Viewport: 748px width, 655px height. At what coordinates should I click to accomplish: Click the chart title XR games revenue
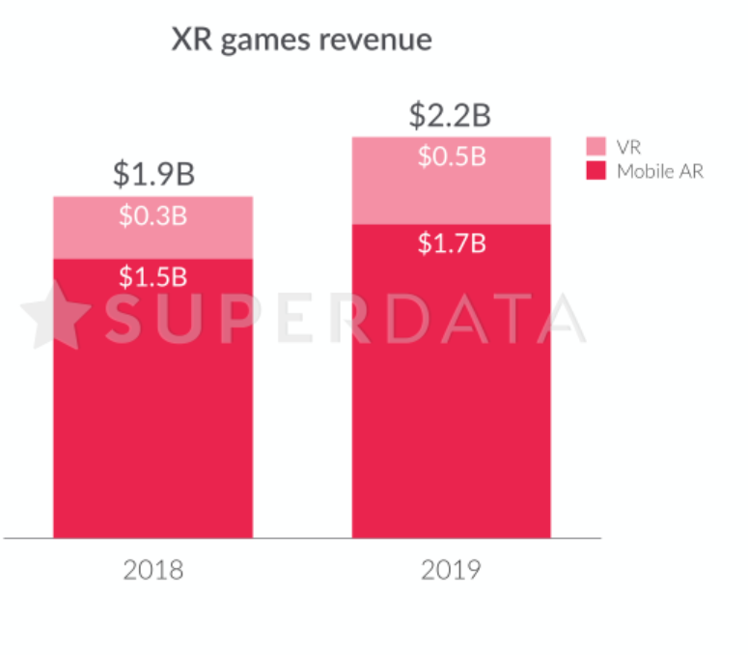(301, 41)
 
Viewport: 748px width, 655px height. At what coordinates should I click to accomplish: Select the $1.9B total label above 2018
(153, 175)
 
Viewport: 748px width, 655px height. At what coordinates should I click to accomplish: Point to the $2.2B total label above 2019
(450, 116)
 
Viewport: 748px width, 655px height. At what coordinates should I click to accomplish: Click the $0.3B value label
(152, 216)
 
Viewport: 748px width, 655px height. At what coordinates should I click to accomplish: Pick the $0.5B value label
(451, 157)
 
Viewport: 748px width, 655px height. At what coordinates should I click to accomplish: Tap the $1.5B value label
(152, 277)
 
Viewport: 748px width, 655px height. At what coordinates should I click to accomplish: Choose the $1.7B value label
(451, 243)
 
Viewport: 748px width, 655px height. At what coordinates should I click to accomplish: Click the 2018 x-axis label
(152, 570)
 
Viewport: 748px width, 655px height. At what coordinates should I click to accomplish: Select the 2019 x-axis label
(451, 570)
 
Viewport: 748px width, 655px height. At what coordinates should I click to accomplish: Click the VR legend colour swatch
(596, 147)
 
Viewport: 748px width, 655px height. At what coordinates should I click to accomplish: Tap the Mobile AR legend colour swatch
(596, 172)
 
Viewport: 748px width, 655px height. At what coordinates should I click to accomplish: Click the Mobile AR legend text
(660, 172)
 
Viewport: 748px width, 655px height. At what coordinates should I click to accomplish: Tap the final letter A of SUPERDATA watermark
(560, 317)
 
